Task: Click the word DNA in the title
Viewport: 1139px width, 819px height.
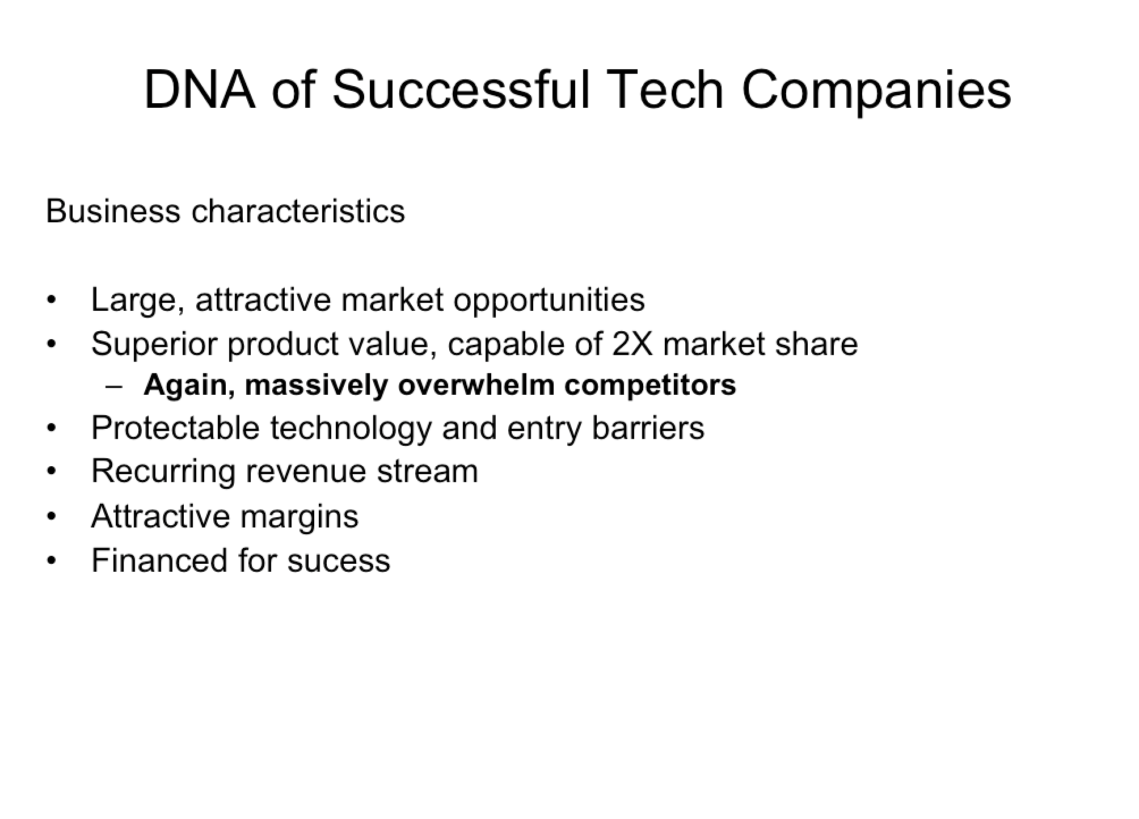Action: pos(200,90)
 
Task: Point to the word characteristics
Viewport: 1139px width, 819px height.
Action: pos(298,211)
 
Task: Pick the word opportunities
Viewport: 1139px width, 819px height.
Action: pos(549,301)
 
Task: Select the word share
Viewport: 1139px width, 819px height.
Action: pos(817,344)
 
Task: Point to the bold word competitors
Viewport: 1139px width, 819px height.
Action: pos(650,386)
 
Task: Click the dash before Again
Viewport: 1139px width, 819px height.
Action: pos(114,387)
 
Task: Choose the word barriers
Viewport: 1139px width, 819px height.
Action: pos(648,428)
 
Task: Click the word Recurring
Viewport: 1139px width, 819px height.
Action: pos(163,472)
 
